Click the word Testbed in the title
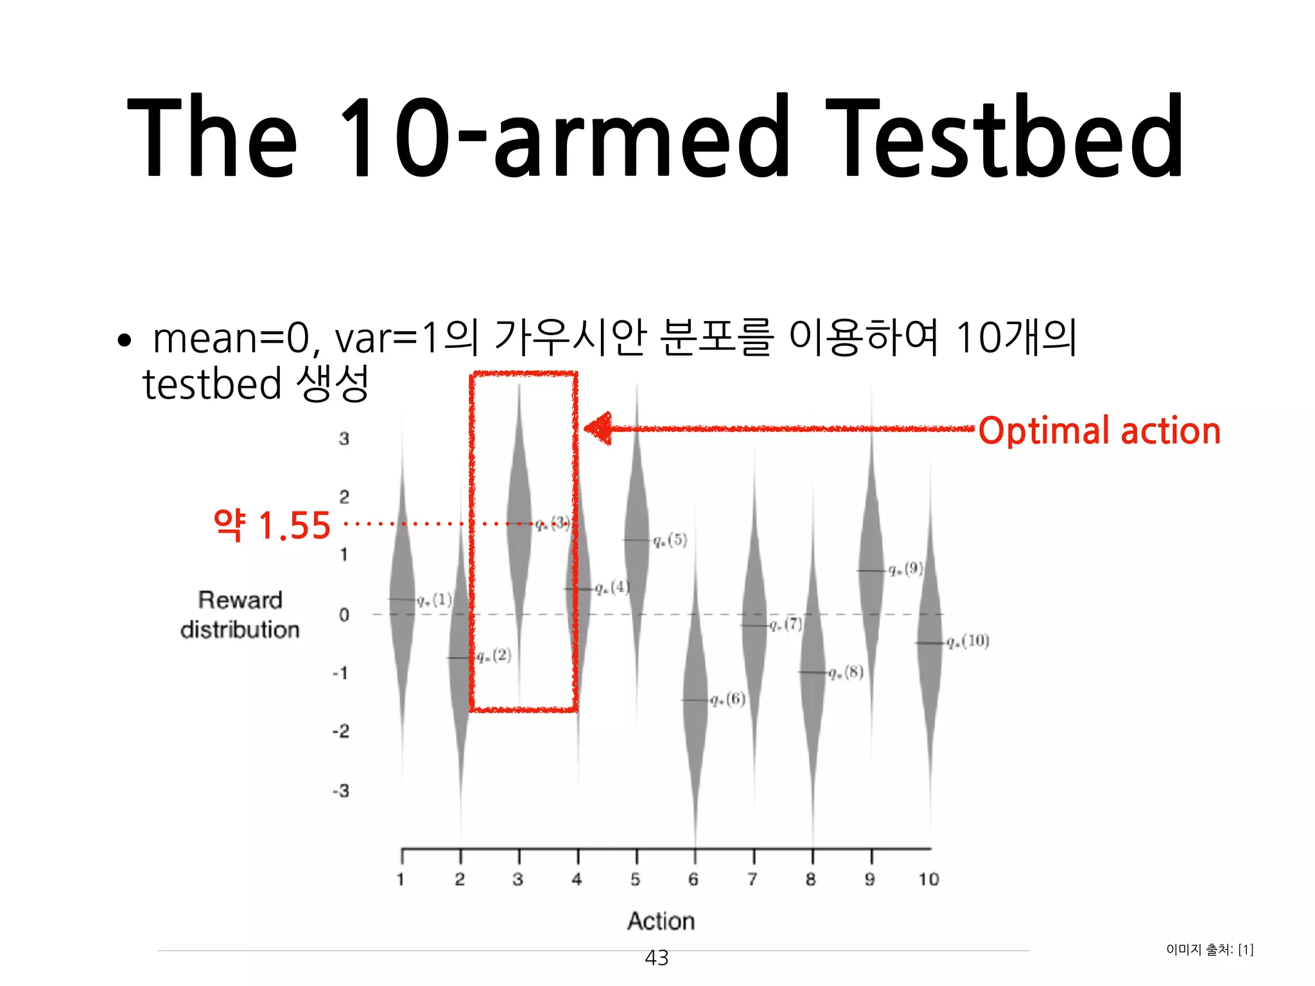(x=1005, y=136)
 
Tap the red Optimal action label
(x=1099, y=431)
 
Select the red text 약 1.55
(x=272, y=525)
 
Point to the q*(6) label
(x=728, y=699)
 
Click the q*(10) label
(x=968, y=641)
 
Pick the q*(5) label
(x=670, y=540)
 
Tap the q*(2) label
(x=494, y=655)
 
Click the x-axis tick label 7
(x=753, y=879)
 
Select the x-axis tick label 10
(x=928, y=879)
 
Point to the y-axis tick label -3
(x=341, y=791)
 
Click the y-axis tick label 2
(x=344, y=496)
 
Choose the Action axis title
(x=661, y=921)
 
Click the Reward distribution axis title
(x=240, y=615)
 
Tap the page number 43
(x=656, y=958)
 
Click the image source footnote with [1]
(x=1210, y=949)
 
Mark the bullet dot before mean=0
(x=125, y=340)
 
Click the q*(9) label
(x=905, y=569)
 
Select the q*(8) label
(x=846, y=672)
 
